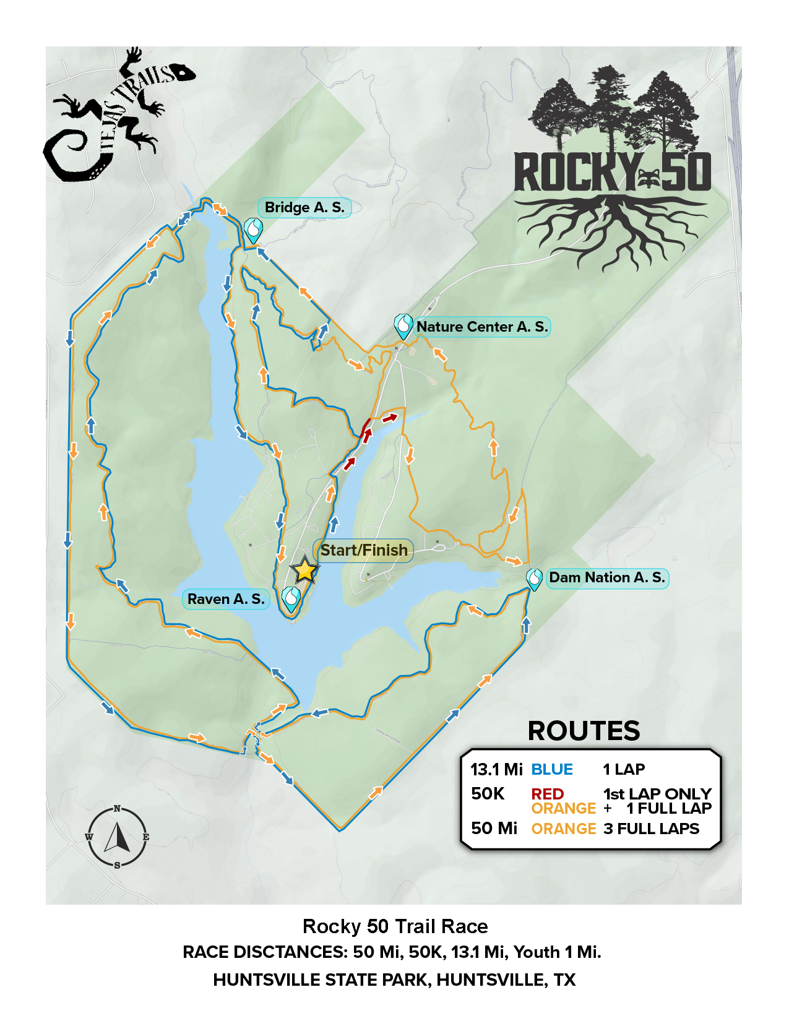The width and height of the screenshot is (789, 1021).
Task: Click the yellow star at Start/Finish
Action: tap(304, 570)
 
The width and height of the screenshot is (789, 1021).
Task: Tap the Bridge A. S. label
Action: tap(304, 208)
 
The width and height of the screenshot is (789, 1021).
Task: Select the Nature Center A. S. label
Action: tap(482, 327)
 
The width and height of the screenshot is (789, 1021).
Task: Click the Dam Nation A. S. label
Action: tap(607, 578)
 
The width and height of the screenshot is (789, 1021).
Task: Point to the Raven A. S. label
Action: tap(226, 599)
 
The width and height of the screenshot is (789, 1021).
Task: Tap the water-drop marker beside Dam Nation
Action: tap(534, 579)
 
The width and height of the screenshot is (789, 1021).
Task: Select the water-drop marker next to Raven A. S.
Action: tap(291, 598)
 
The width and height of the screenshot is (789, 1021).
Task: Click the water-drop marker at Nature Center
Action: tap(403, 325)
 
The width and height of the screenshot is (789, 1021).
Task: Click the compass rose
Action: tap(117, 837)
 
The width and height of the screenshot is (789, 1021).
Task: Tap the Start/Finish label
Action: tap(364, 550)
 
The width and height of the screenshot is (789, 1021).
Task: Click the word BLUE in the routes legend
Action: tap(552, 770)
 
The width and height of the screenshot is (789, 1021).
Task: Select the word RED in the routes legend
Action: tap(547, 794)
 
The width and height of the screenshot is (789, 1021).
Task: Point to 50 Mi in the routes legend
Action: tap(494, 829)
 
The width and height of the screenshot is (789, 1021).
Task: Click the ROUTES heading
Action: tap(584, 731)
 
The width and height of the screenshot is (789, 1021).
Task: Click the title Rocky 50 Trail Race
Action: tap(395, 926)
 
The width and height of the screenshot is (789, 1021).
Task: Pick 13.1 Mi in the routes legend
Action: tap(496, 770)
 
